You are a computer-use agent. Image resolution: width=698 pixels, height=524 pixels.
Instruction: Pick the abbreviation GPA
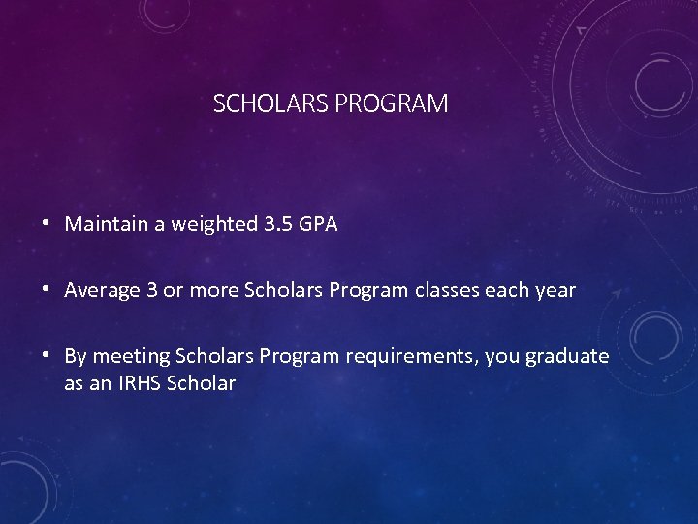[x=318, y=224]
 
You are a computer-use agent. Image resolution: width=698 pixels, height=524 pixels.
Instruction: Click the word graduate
[x=567, y=357]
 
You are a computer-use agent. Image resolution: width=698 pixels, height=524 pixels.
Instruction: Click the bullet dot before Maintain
[x=47, y=224]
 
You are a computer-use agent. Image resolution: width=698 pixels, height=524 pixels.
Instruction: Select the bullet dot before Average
[x=47, y=290]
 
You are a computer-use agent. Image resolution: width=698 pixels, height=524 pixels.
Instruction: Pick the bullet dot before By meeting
[x=47, y=356]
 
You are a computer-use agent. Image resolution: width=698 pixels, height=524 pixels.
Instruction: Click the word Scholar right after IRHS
[x=202, y=383]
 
